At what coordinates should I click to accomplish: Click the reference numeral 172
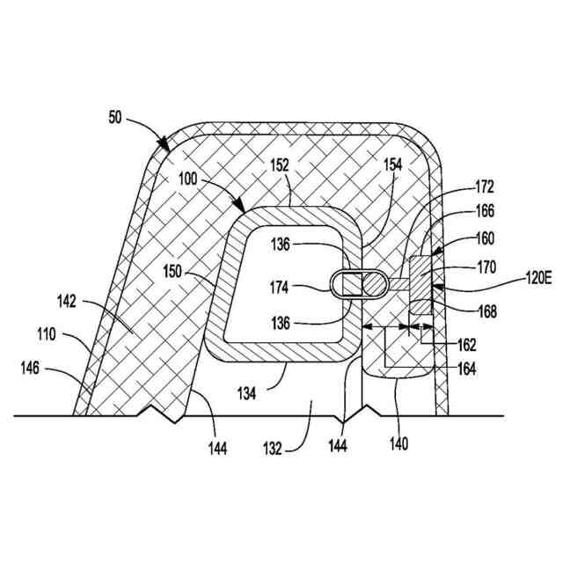[483, 186]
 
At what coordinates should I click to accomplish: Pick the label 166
[483, 211]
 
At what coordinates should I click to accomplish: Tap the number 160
[483, 238]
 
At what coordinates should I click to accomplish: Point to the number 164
[466, 369]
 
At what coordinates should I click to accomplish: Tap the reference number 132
[272, 448]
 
